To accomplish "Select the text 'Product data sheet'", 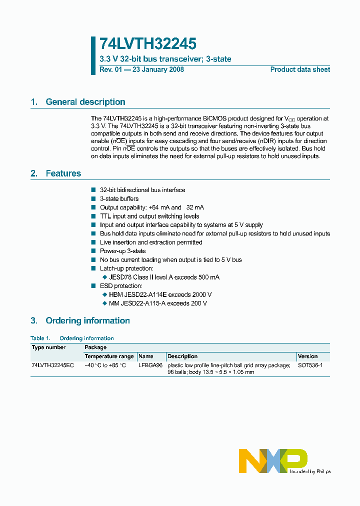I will pos(300,69).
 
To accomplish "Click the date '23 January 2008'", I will pos(158,69).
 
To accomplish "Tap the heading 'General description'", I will pos(85,102).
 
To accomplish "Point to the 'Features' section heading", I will pos(63,173).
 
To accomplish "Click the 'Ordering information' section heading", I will pos(87,320).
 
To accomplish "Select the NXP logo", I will pos(273,460).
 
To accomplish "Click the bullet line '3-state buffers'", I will pos(119,199).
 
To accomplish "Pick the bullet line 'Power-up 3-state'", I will pos(122,251).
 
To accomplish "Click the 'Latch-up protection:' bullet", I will pos(126,268).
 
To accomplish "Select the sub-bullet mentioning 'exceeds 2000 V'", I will pos(160,294).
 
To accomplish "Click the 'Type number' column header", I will pos(48,347).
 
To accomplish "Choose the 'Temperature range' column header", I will pos(109,356).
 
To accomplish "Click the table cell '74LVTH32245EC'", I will pos(52,365).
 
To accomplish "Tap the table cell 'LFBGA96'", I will pos(150,365).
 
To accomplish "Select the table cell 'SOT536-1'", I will pos(310,365).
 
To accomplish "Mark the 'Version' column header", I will pos(307,356).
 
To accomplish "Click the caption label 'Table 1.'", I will pos(40,338).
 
